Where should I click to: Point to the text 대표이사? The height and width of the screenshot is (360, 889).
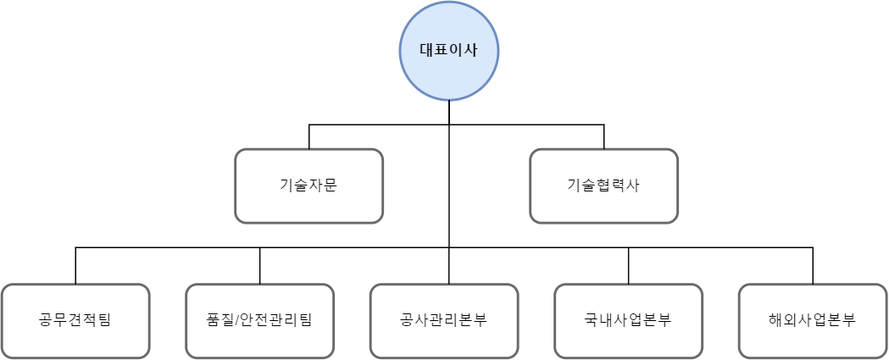(449, 49)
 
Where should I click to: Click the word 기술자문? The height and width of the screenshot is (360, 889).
(308, 186)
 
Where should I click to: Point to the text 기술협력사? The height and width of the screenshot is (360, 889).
(603, 186)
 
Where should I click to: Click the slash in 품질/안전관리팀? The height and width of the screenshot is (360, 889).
(235, 321)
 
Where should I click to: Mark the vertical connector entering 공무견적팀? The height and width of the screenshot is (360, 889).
(75, 266)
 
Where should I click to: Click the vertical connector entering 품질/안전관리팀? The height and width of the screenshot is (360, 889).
(259, 266)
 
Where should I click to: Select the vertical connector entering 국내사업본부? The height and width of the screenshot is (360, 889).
(628, 266)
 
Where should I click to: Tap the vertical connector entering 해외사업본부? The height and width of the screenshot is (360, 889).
(813, 266)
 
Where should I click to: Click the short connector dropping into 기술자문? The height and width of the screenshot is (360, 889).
(308, 137)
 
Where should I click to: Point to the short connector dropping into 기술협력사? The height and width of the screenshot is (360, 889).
(603, 137)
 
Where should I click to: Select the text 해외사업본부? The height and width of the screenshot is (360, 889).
(813, 321)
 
